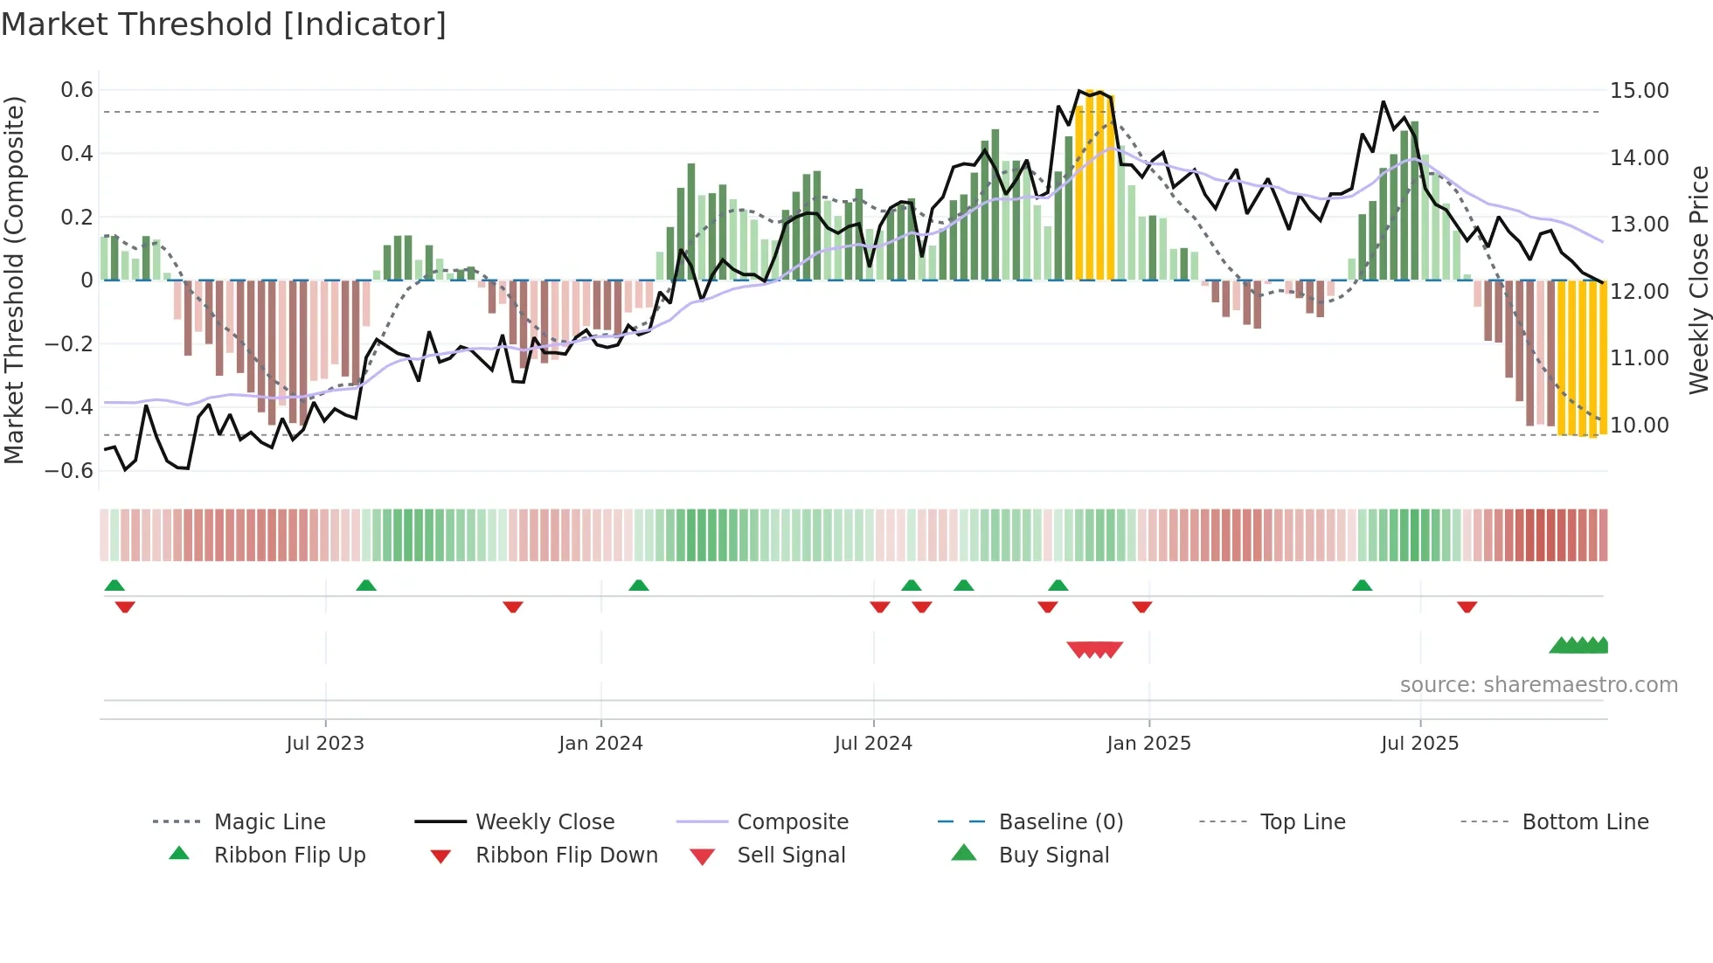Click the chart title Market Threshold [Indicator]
224,24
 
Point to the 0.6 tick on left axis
77,90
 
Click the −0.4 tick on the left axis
70,407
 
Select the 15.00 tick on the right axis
1640,91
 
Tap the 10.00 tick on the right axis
1640,426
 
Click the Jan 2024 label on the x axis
600,744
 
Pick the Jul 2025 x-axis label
1419,744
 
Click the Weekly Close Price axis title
1698,280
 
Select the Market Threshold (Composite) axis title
14,280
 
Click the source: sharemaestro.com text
1538,685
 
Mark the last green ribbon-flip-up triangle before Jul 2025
1362,585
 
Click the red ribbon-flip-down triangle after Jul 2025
1467,606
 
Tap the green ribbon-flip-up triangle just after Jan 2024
639,585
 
